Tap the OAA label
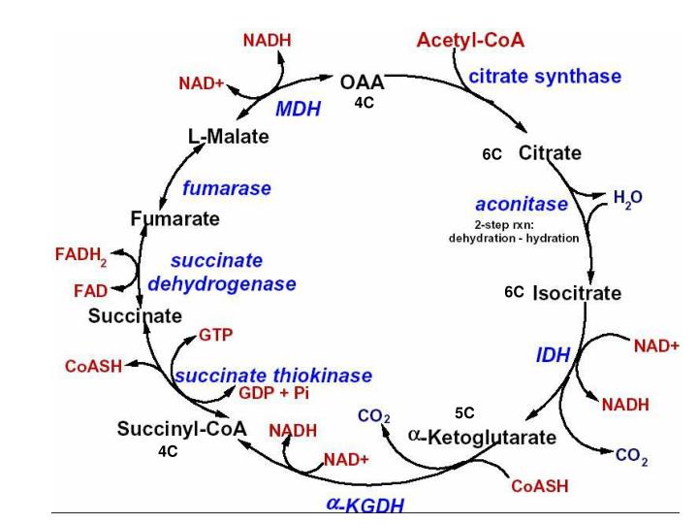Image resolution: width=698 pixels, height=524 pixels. point(363,84)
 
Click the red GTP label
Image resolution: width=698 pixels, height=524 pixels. point(215,335)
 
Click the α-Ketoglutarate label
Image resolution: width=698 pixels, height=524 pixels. point(482,438)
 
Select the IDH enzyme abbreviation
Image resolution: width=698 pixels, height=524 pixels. point(553,356)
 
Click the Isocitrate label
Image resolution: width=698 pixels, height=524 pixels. point(577,293)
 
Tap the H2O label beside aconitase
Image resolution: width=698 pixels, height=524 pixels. point(627,197)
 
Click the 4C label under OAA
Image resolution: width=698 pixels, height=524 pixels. point(363,103)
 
